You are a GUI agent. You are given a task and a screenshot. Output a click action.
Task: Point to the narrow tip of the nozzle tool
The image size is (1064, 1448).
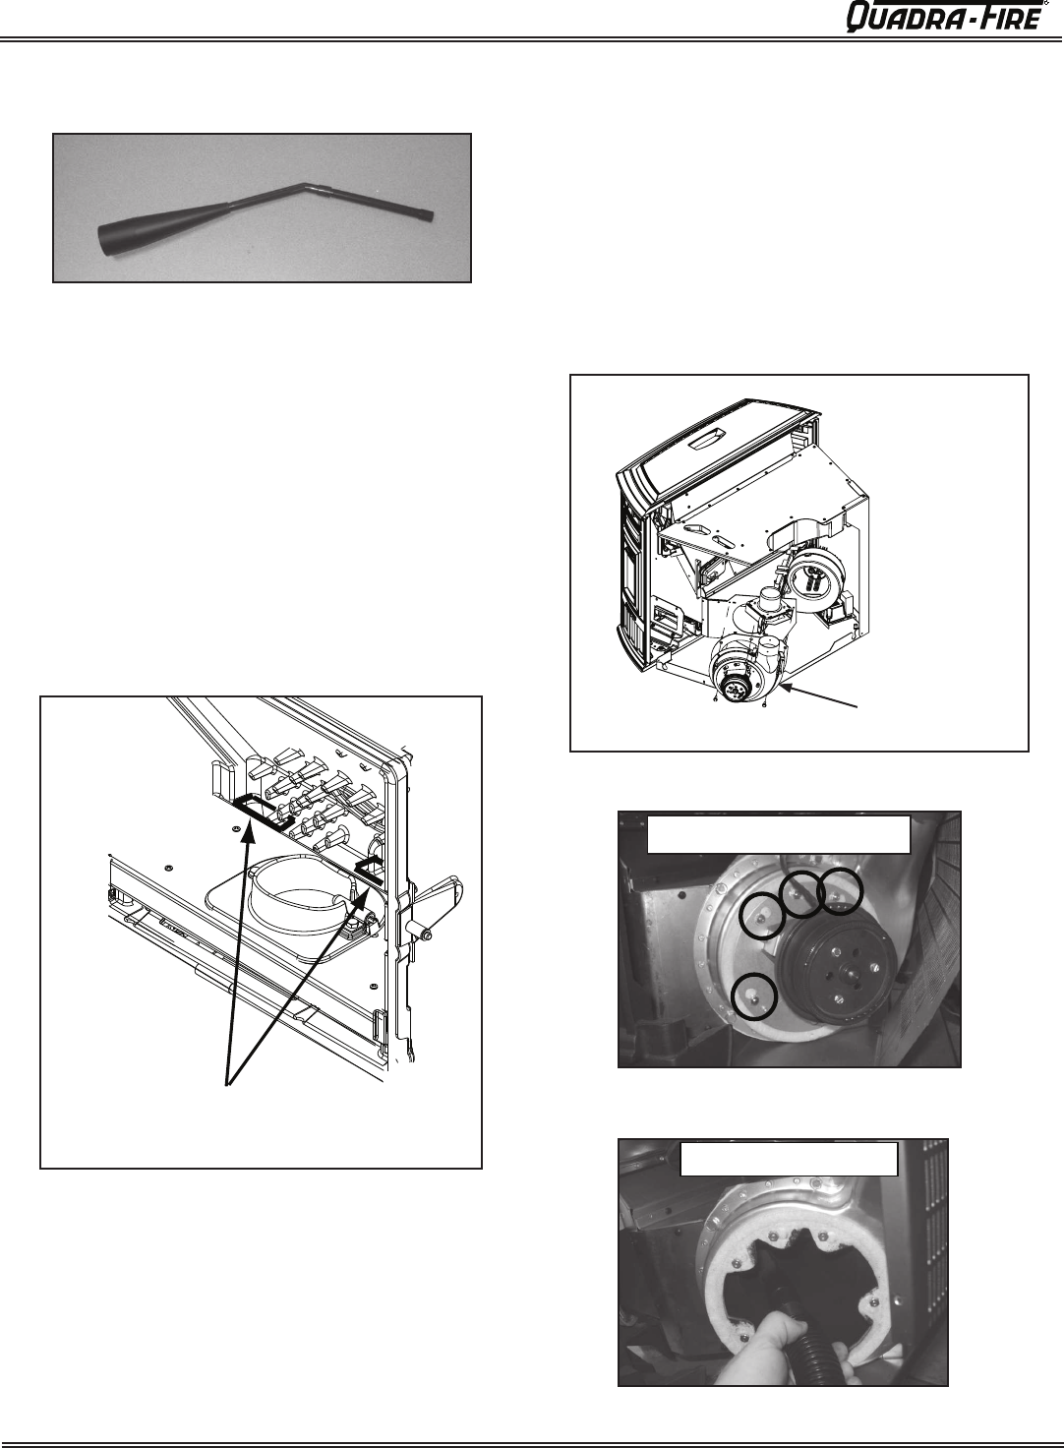tap(429, 215)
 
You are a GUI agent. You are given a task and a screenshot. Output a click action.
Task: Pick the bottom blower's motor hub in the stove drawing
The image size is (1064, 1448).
tap(735, 691)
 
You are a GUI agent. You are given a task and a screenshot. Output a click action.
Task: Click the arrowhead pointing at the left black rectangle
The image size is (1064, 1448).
tap(248, 833)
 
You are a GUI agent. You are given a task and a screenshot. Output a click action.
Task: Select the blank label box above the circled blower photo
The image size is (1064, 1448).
tap(779, 834)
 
